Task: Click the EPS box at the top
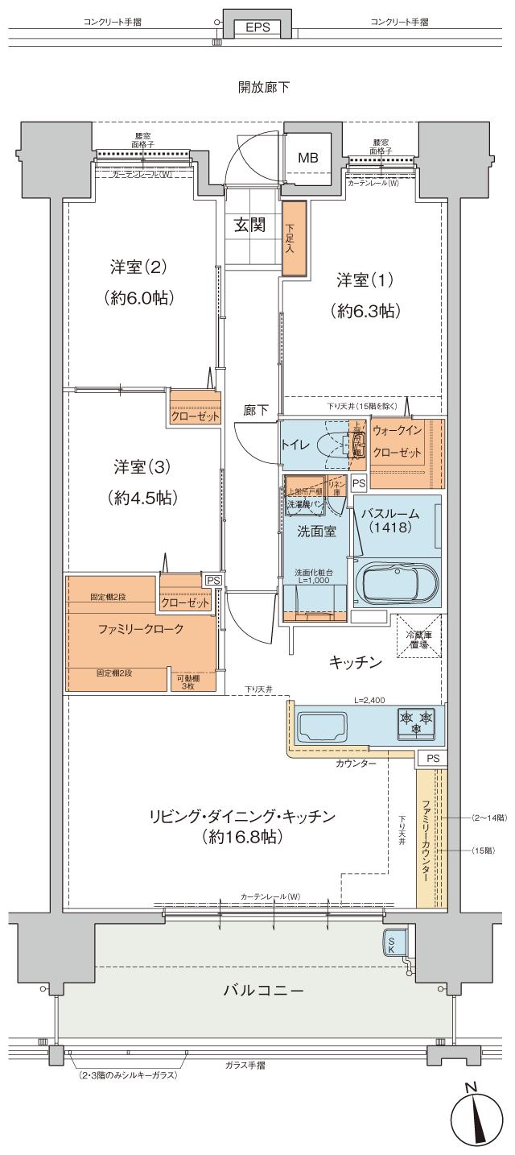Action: coord(257,27)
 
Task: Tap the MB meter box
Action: coord(309,158)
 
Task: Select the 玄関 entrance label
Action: coord(249,225)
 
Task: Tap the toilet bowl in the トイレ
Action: coord(332,445)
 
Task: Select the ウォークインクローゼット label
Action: coord(397,442)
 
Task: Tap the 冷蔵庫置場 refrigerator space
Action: coord(418,639)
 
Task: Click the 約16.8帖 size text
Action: coord(241,838)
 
